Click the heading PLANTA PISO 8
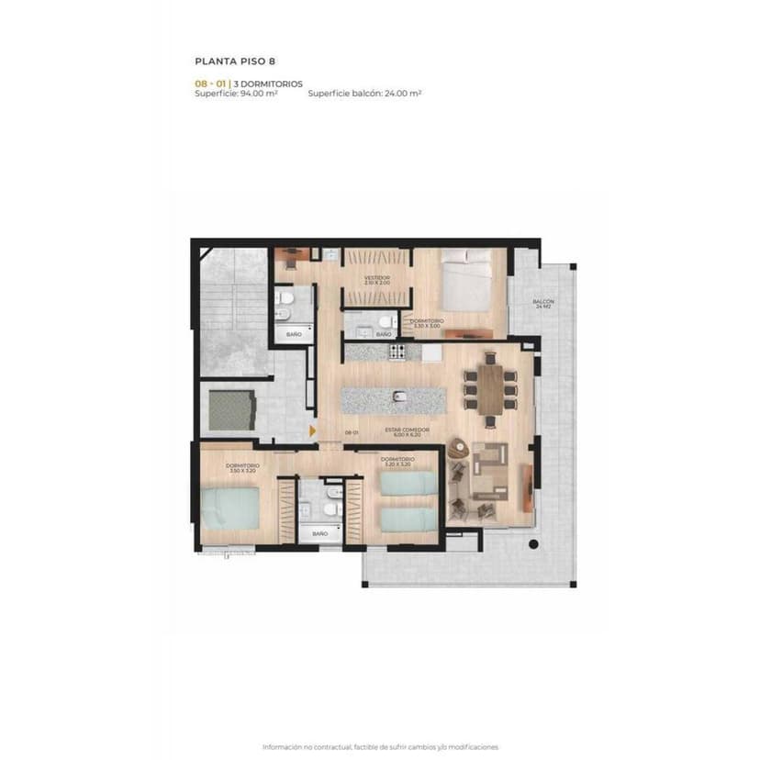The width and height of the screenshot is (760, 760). (235, 61)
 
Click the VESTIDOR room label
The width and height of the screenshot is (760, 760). (376, 279)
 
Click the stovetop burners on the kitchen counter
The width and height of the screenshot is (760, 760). (397, 351)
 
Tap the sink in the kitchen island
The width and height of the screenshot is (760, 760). (399, 397)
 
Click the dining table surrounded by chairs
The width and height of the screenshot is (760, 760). (491, 389)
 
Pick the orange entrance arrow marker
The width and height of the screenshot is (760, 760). (313, 429)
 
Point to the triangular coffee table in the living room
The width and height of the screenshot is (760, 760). (458, 449)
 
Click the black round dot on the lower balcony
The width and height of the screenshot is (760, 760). (533, 544)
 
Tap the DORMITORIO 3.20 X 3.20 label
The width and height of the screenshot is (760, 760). (397, 461)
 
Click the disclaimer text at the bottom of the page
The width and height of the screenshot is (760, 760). (380, 746)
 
